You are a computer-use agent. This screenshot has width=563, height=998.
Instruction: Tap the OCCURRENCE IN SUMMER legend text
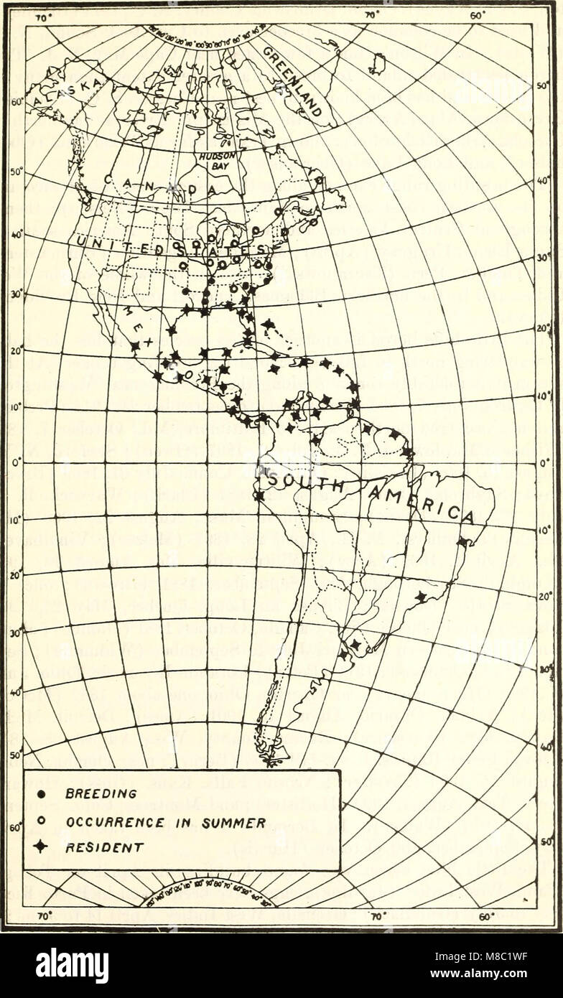click(165, 821)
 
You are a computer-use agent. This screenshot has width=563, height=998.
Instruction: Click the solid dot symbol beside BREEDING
click(41, 794)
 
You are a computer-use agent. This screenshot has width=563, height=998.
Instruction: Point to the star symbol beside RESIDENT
click(41, 848)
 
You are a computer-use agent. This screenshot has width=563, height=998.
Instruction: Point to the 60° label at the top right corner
click(476, 14)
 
